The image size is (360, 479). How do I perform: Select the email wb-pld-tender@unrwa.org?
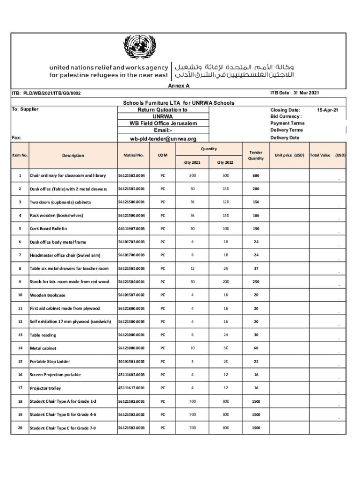coord(163,139)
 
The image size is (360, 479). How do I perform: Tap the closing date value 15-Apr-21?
coord(328,110)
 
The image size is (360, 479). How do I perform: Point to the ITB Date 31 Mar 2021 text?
coord(295,93)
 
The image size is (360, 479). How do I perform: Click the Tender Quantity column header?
coord(256,155)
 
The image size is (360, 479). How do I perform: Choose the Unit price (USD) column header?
coord(289,155)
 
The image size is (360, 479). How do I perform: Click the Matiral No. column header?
coord(133,155)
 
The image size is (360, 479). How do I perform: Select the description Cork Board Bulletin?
coord(49,229)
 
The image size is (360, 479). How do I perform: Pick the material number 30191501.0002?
coord(131,362)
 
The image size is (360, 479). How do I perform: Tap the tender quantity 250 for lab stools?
coord(256,282)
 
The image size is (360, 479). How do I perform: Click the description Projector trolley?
coord(45,388)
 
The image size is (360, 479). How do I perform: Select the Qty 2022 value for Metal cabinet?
coord(226,348)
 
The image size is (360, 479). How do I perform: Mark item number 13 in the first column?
coord(20,335)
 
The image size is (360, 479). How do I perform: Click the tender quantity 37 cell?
coord(256,269)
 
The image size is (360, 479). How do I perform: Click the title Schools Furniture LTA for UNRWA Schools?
coord(179,103)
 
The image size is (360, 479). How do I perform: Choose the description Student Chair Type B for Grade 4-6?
coord(63,415)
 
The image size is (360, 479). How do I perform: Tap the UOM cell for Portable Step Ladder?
coord(163,362)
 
